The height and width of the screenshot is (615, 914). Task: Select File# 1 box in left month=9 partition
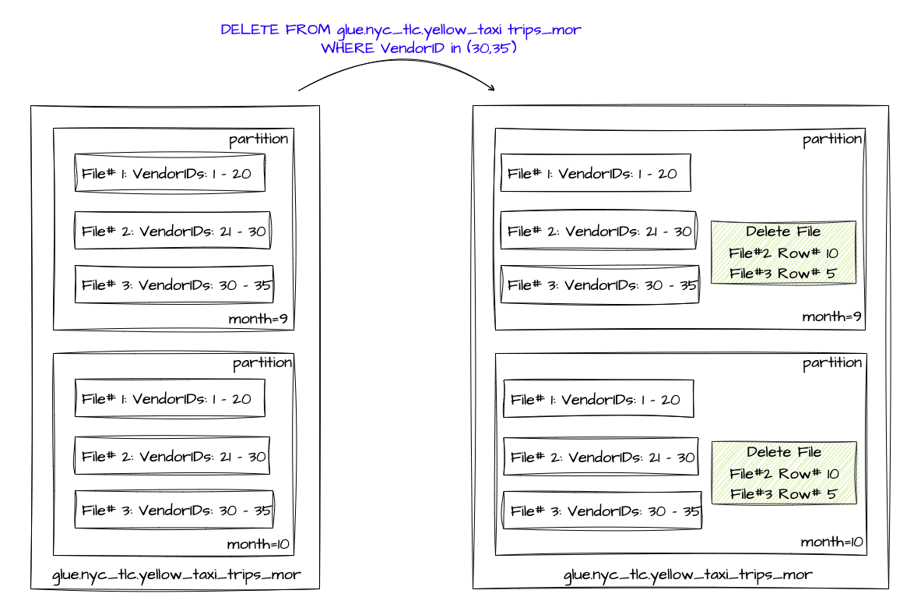[x=170, y=173]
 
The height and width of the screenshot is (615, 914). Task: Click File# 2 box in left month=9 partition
[x=172, y=230]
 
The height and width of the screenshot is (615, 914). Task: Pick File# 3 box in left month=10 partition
[x=174, y=510]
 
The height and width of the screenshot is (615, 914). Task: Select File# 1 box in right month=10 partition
[x=598, y=399]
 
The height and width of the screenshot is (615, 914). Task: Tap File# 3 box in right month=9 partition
[x=599, y=285]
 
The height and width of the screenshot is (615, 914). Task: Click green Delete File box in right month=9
[x=782, y=253]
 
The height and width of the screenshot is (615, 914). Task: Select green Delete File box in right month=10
[x=784, y=473]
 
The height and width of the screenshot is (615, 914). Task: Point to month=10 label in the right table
[x=832, y=541]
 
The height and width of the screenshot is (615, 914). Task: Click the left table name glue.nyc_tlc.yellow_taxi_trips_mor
[x=176, y=576]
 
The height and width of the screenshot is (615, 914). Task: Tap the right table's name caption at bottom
[x=687, y=575]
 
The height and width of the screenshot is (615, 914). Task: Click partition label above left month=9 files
[x=258, y=140]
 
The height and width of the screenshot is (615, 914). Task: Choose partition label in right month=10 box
[x=832, y=362]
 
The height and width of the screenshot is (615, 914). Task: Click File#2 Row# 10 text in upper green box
[x=783, y=253]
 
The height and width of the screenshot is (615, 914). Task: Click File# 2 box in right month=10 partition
[x=601, y=457]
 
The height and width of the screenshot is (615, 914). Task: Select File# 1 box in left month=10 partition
[x=170, y=398]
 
